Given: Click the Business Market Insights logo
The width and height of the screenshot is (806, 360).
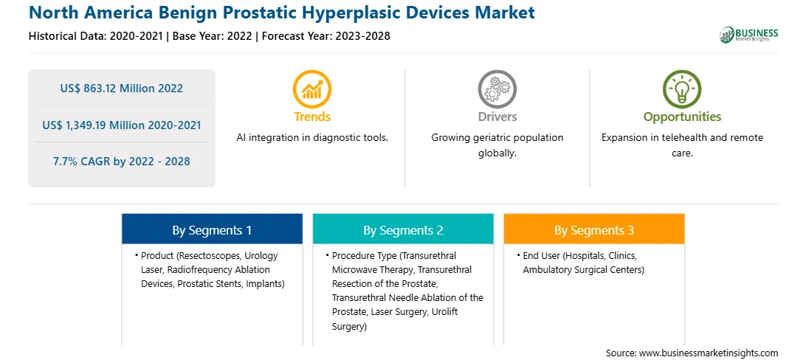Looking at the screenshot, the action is pos(748,35).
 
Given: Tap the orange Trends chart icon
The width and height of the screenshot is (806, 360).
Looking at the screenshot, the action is pos(312,89).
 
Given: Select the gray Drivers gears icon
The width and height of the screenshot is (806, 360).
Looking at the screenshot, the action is pos(497,89).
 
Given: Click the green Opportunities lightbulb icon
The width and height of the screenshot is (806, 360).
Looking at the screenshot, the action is pos(682,89).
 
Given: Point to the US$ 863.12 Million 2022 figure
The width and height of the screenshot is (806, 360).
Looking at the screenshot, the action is pos(121,89).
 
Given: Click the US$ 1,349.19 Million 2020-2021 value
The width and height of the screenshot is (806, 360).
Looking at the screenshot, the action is pos(121,125).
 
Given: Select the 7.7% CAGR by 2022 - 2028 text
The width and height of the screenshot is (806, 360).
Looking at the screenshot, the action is pos(121,162).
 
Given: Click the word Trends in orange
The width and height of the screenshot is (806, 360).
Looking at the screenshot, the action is pos(312,117).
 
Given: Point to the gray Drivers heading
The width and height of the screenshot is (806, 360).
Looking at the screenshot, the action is pos(497,117).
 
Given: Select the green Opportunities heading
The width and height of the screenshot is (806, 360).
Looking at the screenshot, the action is pos(682,117).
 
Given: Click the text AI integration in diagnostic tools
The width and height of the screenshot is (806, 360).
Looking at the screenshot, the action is pos(312,138).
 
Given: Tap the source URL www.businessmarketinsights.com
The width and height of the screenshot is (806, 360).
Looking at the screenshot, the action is pos(707,353).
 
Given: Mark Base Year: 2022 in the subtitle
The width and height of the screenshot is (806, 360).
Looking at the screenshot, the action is pos(213,36).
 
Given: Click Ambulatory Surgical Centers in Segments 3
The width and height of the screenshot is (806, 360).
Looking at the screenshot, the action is pos(583,270).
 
